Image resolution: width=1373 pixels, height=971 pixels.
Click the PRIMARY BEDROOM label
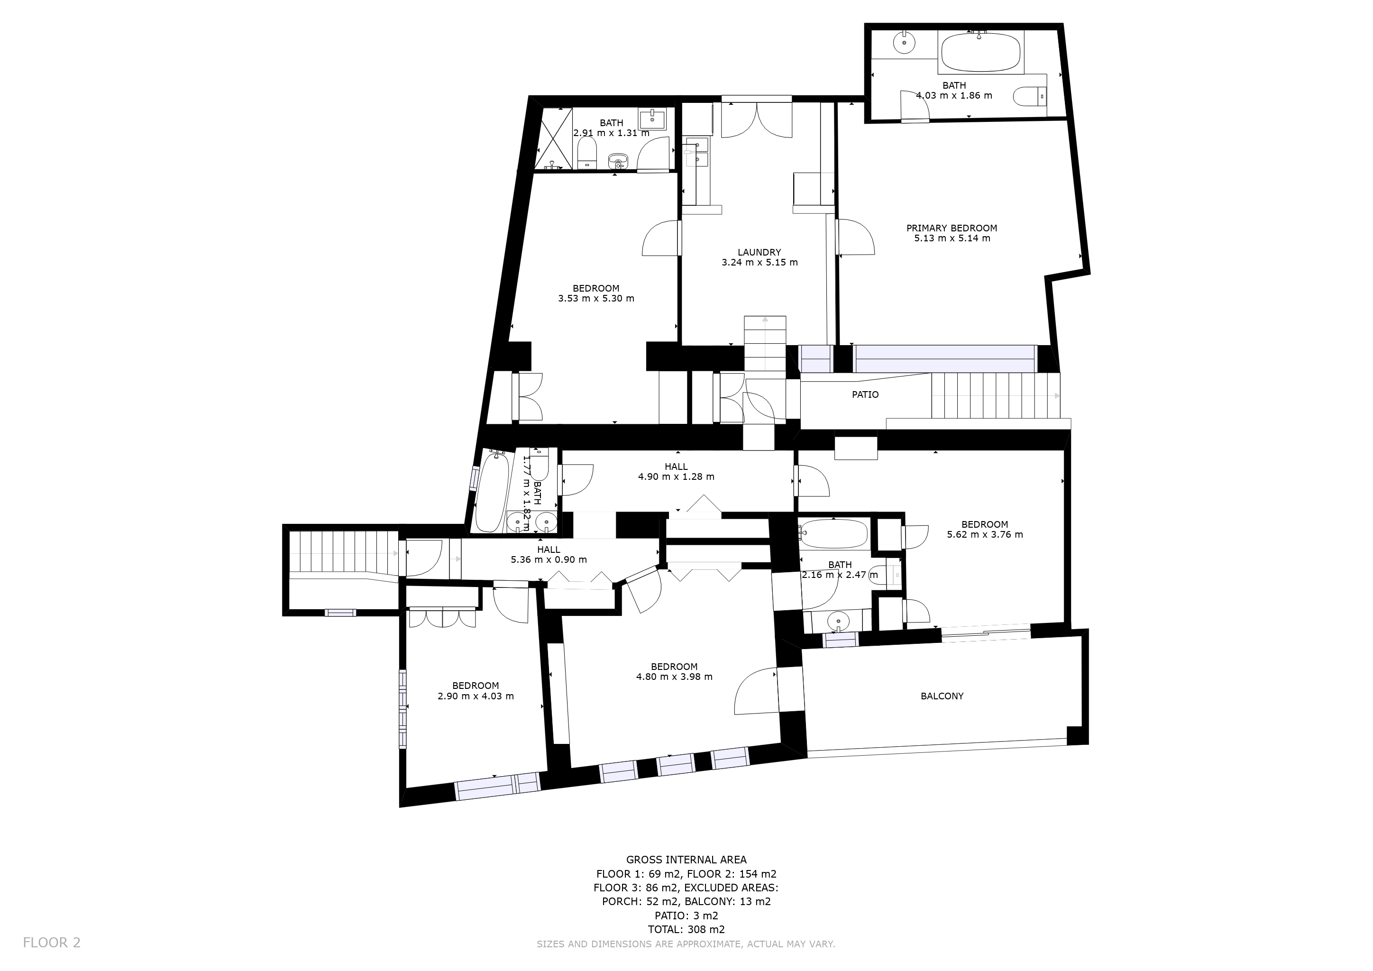coord(952,228)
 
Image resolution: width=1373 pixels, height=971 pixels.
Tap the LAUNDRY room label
coord(760,252)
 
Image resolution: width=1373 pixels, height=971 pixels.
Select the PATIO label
coord(865,394)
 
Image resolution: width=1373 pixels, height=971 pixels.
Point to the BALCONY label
coord(942,696)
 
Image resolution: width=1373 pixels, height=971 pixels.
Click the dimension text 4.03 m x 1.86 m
coord(954,96)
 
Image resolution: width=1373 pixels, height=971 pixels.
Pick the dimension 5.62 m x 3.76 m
coord(985,534)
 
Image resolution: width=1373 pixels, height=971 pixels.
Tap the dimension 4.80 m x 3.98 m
coord(675,677)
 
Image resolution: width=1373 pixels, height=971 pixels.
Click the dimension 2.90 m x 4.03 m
coord(476,696)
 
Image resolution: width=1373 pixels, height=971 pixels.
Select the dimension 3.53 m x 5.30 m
coord(596,298)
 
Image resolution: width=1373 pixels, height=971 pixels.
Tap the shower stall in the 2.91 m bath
coord(557,139)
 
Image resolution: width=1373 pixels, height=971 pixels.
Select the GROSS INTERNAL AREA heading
coord(686,860)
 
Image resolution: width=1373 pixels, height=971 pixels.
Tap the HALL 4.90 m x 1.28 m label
coord(677,472)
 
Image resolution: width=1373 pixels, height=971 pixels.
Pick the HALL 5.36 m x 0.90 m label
coord(549,555)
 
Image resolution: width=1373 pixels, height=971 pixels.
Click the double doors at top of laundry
coord(757,119)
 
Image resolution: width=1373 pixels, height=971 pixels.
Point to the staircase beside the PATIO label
coord(995,395)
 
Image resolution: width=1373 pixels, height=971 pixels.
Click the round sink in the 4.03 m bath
coord(904,42)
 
